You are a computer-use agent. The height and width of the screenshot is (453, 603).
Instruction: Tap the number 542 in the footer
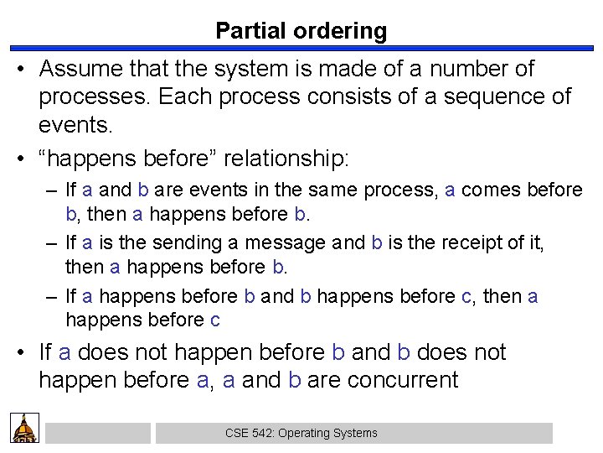[x=260, y=433]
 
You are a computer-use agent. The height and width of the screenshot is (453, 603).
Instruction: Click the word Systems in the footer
[x=356, y=433]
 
